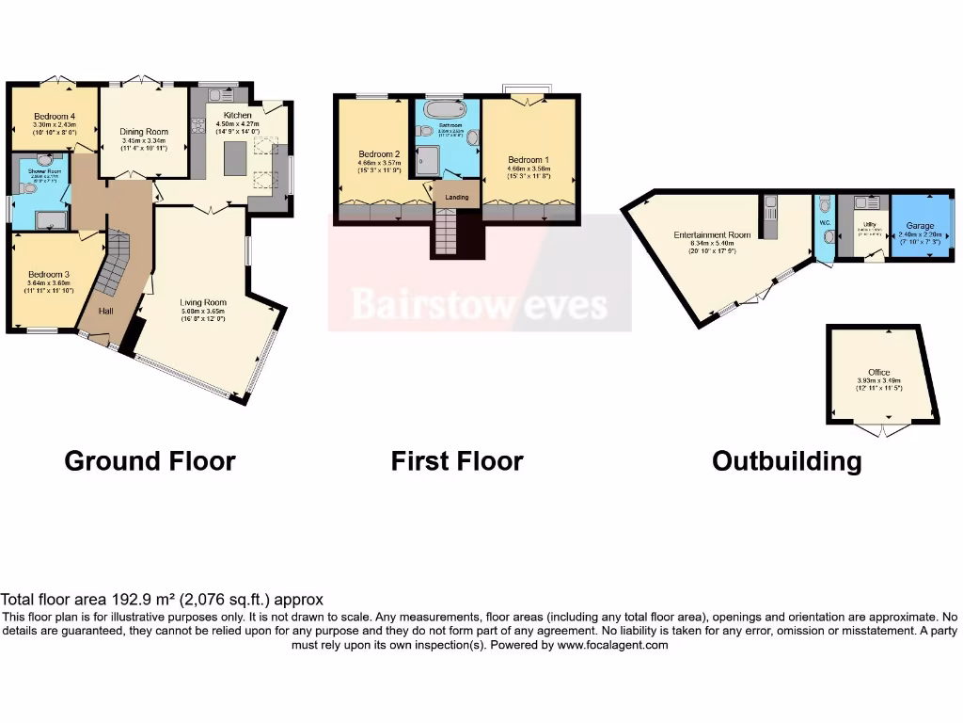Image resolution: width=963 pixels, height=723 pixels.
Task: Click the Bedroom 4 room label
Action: pyautogui.click(x=54, y=117)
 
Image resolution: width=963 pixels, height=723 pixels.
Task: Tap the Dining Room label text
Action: pyautogui.click(x=144, y=133)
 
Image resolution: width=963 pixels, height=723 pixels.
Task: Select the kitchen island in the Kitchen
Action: pyautogui.click(x=234, y=157)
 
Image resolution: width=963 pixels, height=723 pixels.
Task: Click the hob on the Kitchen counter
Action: pyautogui.click(x=198, y=127)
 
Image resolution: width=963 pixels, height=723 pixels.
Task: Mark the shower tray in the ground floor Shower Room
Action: pyautogui.click(x=50, y=220)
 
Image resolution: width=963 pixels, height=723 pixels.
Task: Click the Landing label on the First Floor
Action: pyautogui.click(x=456, y=197)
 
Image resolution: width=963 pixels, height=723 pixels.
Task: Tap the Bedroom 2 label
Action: pyautogui.click(x=379, y=154)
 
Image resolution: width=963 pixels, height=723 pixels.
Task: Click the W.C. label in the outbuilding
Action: pyautogui.click(x=824, y=223)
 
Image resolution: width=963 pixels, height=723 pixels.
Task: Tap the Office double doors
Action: pyautogui.click(x=885, y=429)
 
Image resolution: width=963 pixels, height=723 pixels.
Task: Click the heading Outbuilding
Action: pyautogui.click(x=786, y=461)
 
